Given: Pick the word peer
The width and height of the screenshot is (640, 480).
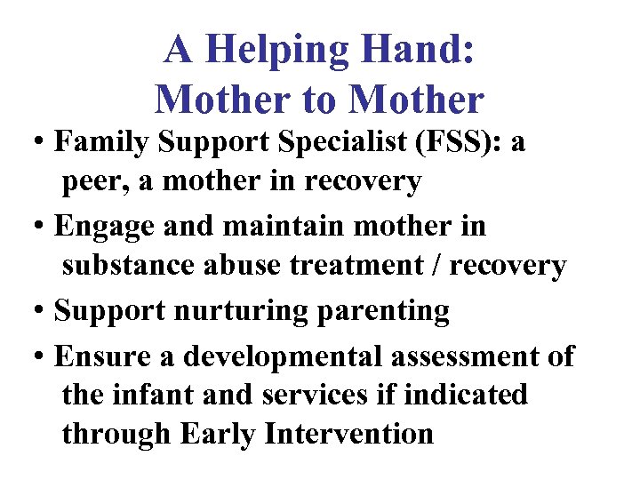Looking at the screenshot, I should point(91,182).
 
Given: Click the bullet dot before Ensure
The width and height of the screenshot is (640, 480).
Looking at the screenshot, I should point(41,357).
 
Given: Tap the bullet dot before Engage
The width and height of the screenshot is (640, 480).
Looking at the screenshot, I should point(41,227).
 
